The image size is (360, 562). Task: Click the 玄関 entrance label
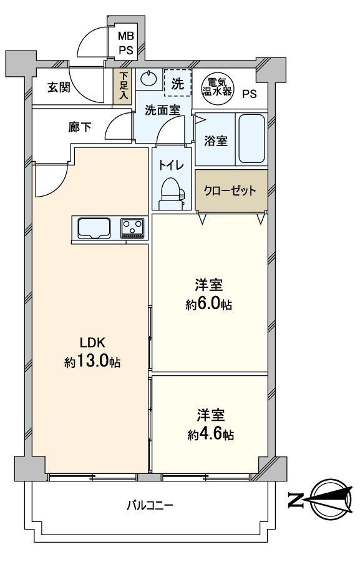pos(58,87)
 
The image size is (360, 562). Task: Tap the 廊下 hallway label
pos(79,127)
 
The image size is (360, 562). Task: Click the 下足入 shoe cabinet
pos(123,87)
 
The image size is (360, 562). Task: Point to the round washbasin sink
pos(148,79)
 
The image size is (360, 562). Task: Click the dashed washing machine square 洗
pos(177,82)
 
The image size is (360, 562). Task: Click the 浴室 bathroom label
pos(215,141)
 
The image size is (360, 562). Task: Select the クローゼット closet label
pos(231,190)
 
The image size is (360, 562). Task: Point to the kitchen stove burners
pos(132,228)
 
